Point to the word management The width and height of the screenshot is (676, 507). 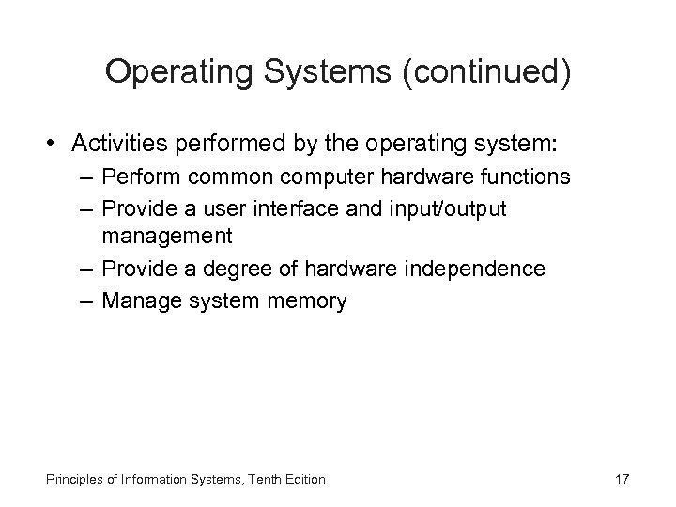click(x=167, y=235)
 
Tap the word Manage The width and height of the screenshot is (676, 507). click(x=136, y=301)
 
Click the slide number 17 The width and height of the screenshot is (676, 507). click(x=621, y=480)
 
